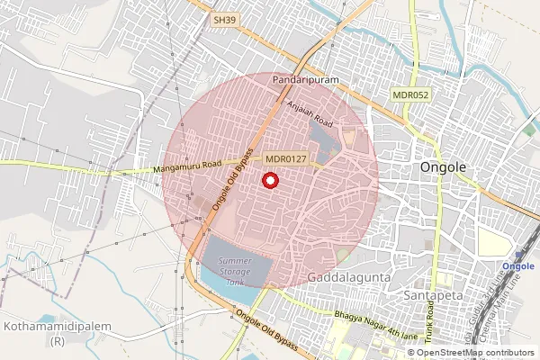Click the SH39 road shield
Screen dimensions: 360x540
[x=224, y=19]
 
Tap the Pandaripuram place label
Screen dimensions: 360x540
[x=305, y=80]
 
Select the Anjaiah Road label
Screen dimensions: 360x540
[x=310, y=112]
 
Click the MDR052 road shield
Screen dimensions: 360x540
[x=409, y=94]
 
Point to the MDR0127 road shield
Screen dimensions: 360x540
[x=287, y=159]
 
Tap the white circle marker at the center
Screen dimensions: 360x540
[x=269, y=180]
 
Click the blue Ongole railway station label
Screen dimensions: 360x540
[x=517, y=266]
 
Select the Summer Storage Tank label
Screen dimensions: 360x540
[x=235, y=271]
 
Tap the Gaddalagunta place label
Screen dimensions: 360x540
[x=348, y=278]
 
